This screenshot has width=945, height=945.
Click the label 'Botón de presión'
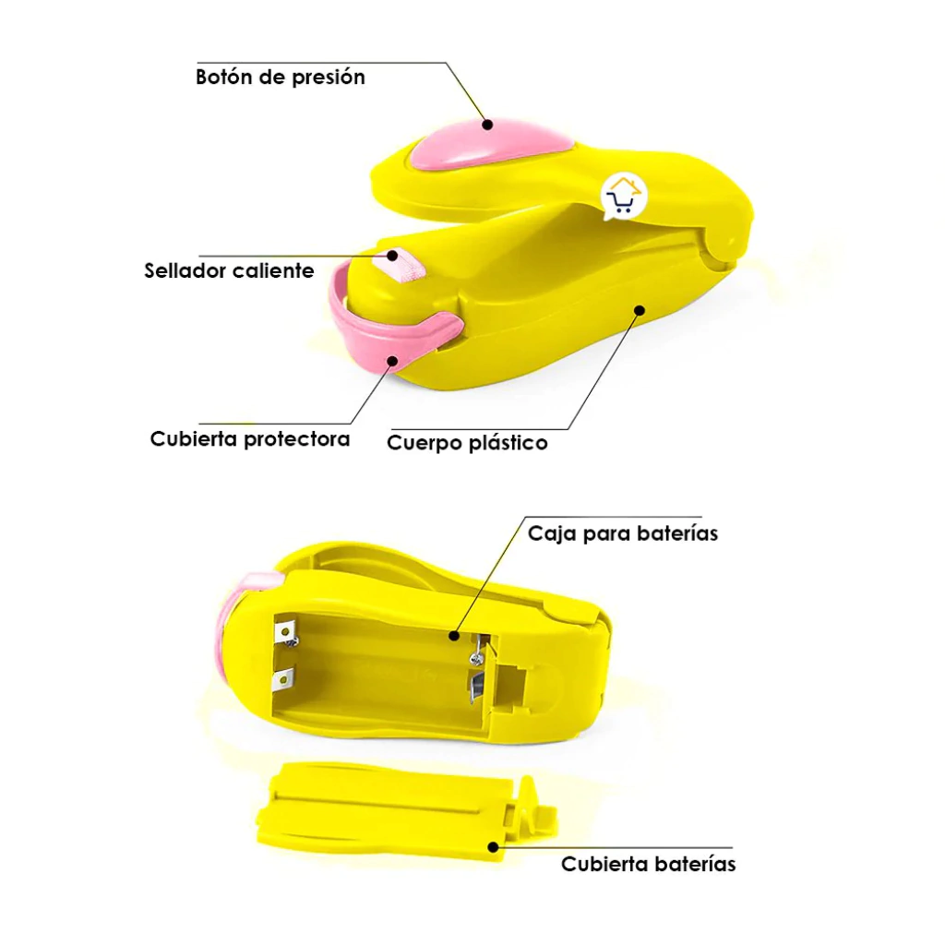click(x=281, y=78)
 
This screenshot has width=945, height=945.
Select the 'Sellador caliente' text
click(x=229, y=270)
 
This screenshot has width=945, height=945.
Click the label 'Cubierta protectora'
click(x=250, y=438)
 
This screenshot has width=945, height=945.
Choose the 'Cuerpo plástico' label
click(x=467, y=443)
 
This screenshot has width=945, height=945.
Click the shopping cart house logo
click(x=623, y=197)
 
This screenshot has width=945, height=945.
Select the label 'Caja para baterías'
click(x=623, y=533)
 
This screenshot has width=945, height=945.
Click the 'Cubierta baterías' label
click(x=649, y=864)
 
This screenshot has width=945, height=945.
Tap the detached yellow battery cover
click(x=407, y=807)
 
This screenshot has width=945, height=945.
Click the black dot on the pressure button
click(x=487, y=125)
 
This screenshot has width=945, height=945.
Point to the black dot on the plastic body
click(x=640, y=310)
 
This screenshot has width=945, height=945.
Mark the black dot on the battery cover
click(x=493, y=847)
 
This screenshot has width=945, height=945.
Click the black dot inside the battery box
click(x=454, y=635)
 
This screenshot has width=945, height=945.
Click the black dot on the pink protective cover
click(x=392, y=361)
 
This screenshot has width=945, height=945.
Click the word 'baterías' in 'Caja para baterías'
click(x=677, y=533)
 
